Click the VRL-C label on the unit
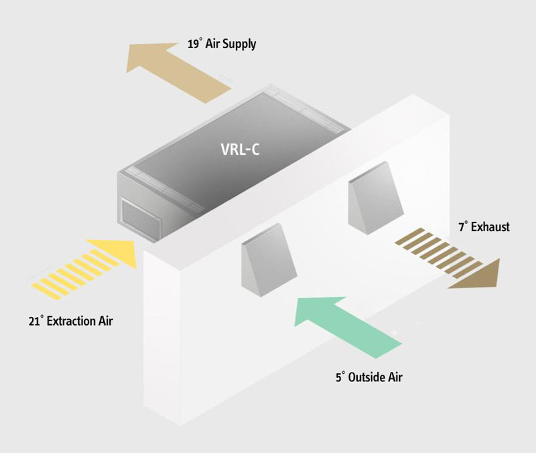tap(240, 149)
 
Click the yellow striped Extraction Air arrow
tap(88, 268)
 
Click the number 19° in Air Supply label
tap(194, 45)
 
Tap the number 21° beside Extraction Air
tap(36, 321)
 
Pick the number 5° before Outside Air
tap(340, 377)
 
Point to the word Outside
tap(368, 377)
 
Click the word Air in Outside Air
tap(395, 377)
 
